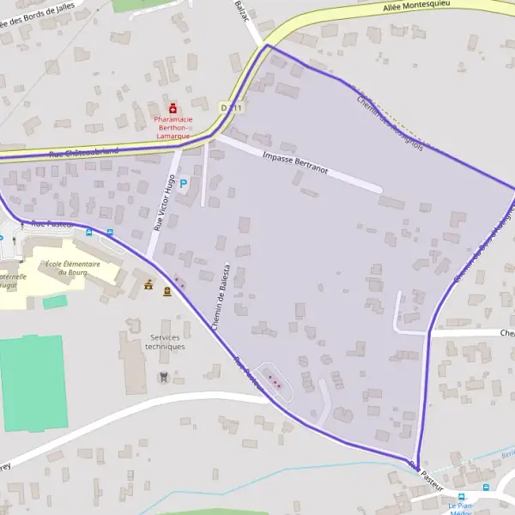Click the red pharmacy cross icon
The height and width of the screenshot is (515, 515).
point(173,109)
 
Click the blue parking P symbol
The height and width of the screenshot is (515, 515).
point(183,183)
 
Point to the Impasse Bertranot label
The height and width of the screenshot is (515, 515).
point(295,164)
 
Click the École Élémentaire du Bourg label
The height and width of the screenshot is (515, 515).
point(73,268)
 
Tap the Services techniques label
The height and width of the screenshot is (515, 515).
point(166,342)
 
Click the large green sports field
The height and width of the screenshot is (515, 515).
point(33,383)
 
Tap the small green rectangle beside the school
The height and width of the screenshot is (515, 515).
point(55,302)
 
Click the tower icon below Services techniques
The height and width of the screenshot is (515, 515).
point(163,377)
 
